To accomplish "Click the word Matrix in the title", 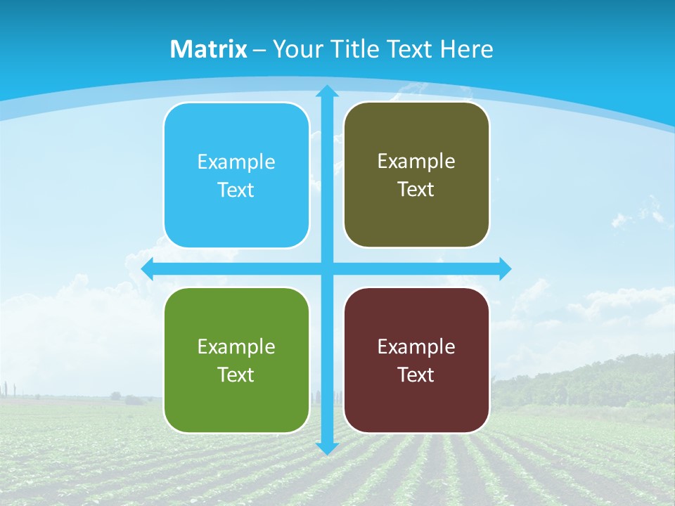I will (x=209, y=49).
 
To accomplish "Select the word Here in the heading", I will (x=467, y=49).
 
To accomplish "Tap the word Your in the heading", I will (x=298, y=49).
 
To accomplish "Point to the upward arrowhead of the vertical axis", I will (x=327, y=91).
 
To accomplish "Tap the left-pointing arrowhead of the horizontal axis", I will (x=148, y=268).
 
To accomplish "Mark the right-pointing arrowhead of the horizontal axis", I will (x=505, y=268).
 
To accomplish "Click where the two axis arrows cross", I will (x=327, y=268).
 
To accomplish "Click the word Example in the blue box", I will (x=236, y=162).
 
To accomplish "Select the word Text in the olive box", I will (x=416, y=190).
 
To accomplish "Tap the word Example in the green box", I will (x=236, y=346).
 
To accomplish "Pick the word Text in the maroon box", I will (x=416, y=375).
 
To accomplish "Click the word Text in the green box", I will (x=236, y=375).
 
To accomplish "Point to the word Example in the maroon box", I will (x=416, y=346).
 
